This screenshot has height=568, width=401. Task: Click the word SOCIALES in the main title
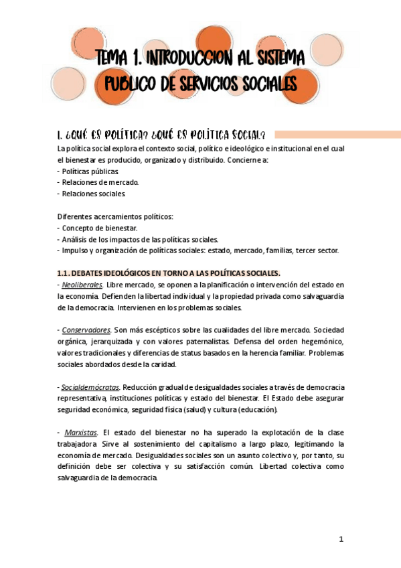[x=264, y=84]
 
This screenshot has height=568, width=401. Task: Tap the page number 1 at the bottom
[x=341, y=539]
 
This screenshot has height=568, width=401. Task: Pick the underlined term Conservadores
[x=86, y=330]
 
